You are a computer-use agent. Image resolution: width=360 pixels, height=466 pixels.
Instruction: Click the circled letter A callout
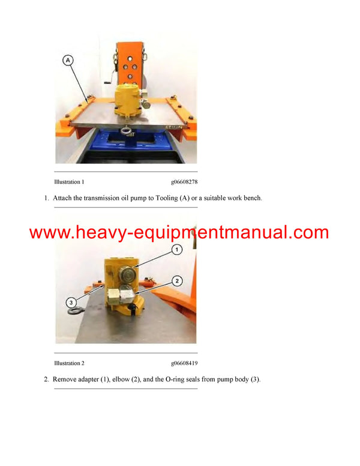click(x=68, y=59)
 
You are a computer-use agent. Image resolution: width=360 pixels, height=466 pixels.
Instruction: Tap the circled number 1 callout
click(x=177, y=249)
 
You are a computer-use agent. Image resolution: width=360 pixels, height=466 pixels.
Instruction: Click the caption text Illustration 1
click(x=69, y=181)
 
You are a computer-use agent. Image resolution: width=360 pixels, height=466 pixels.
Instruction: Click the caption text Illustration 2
click(x=69, y=363)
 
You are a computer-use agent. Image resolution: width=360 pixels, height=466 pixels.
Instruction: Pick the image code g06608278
click(x=184, y=181)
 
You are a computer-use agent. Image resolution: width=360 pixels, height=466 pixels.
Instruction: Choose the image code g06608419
click(x=184, y=363)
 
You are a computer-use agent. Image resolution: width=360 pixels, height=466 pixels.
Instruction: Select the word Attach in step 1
click(x=64, y=198)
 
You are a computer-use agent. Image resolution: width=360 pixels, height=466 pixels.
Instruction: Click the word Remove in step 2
click(x=67, y=380)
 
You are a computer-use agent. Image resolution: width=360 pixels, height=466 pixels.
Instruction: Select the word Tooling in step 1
click(x=164, y=198)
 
